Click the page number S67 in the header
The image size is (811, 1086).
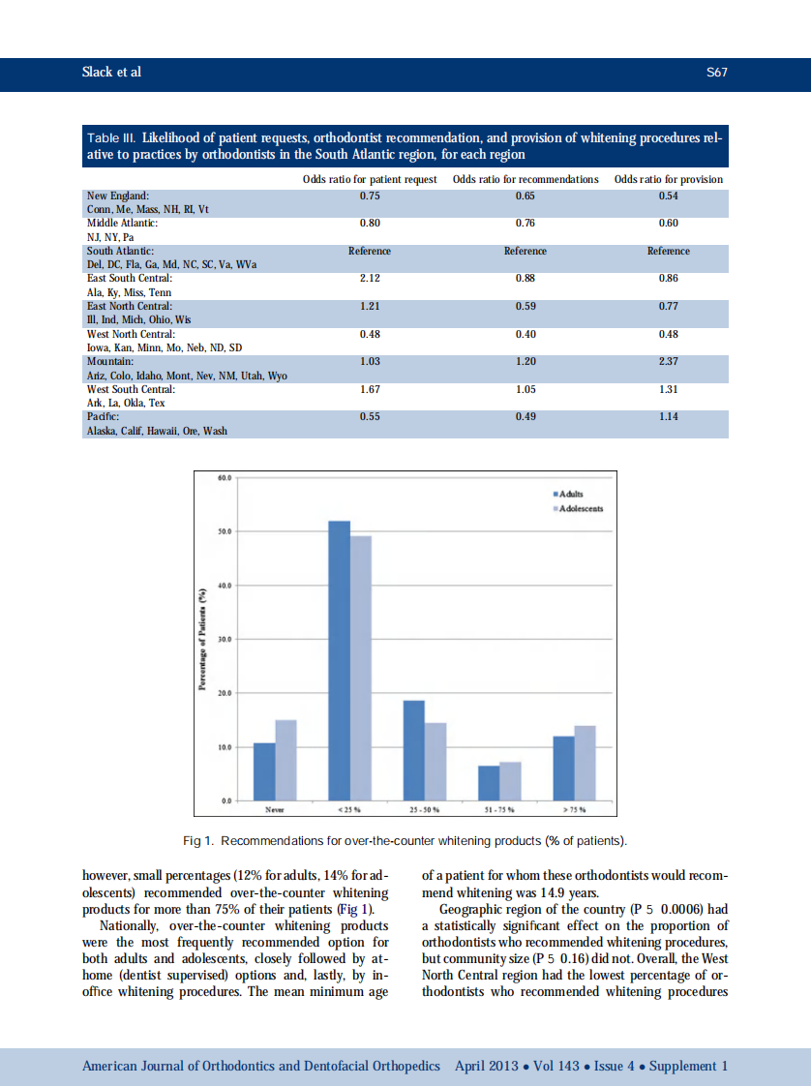716,73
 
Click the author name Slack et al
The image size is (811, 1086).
112,73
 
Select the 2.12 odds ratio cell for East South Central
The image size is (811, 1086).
369,279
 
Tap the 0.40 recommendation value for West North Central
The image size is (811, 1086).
525,334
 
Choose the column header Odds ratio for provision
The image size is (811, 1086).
668,179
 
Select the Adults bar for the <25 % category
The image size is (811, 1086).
339,661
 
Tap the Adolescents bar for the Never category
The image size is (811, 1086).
285,761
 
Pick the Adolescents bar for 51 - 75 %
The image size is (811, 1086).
510,782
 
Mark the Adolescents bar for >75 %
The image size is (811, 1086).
585,764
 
